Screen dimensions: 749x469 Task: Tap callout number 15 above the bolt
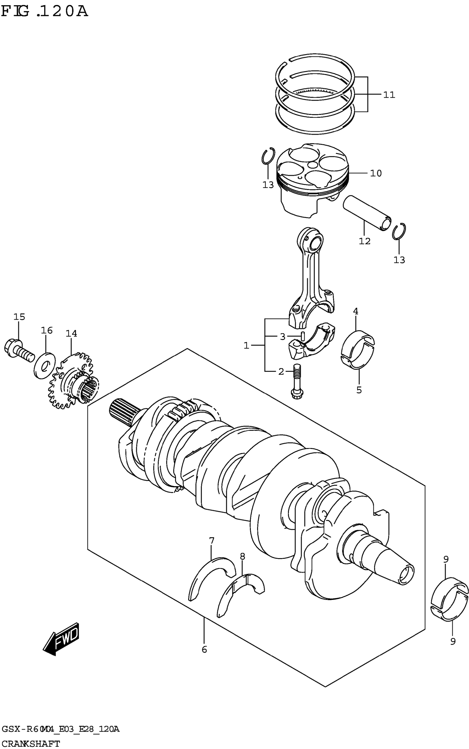[19, 317]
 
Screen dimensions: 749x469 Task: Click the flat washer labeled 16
[45, 365]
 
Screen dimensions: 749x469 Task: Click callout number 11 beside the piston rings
[389, 95]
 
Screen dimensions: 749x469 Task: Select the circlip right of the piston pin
[399, 232]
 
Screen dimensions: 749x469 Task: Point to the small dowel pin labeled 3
[303, 336]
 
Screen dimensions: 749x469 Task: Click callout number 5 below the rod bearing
[359, 390]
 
